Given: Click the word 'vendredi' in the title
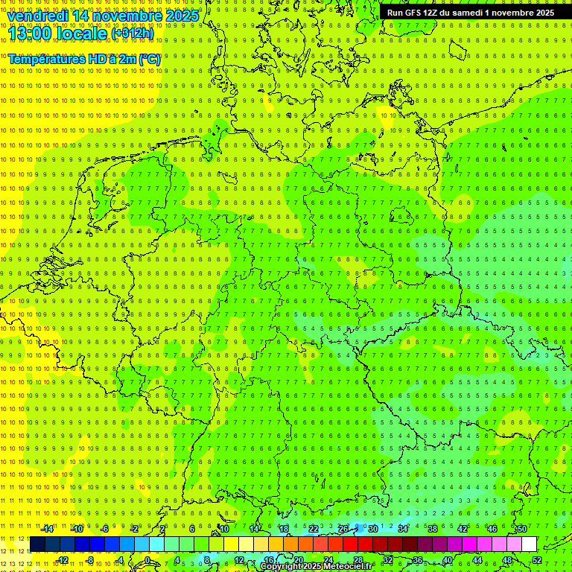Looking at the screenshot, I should tap(37, 16).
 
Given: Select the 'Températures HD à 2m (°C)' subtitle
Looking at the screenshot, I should tap(84, 58).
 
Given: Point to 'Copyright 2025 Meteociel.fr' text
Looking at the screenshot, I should tap(316, 567).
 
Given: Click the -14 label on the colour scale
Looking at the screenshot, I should tap(48, 529).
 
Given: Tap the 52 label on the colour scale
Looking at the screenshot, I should tap(537, 560).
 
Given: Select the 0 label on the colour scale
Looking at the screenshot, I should tap(147, 560).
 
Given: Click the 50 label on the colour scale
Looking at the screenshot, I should tap(522, 529).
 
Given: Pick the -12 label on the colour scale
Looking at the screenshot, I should tap(62, 560).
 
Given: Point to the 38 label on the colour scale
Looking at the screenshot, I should tap(433, 529).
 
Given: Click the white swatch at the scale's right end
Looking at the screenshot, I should tap(530, 544).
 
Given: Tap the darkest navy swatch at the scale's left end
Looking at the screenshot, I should tap(37, 544).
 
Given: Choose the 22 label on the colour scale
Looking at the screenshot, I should tap(314, 529).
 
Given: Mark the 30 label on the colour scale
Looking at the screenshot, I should tap(373, 529).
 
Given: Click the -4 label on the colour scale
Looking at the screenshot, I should tap(120, 560).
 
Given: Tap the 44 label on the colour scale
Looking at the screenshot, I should tap(477, 560).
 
